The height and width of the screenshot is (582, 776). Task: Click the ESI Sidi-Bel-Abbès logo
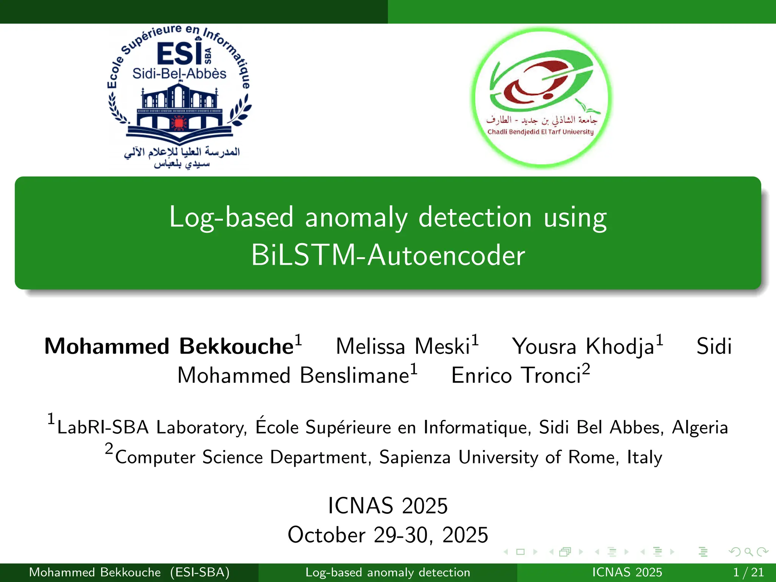pos(179,97)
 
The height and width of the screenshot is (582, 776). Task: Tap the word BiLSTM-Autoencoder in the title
pos(388,255)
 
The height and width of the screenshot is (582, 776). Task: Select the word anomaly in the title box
pos(356,217)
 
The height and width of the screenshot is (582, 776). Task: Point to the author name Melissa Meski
pos(403,346)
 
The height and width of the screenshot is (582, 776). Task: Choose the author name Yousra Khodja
pos(583,346)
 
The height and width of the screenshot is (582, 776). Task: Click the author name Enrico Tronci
pos(516,375)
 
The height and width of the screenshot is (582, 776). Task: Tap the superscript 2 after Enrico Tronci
pos(586,368)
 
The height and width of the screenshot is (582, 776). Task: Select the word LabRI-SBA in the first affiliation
pos(103,427)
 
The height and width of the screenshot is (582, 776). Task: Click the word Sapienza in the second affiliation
pos(415,457)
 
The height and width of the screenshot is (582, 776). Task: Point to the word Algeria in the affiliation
pos(699,427)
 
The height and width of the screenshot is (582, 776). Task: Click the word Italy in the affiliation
pos(645,457)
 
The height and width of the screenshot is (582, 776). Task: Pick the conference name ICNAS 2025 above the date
pos(388,505)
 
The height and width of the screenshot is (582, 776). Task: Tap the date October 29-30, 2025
pos(388,535)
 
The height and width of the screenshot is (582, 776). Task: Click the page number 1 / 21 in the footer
pos(748,572)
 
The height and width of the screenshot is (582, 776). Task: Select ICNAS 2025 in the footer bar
pos(627,572)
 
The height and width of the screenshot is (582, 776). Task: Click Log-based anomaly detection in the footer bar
pos(388,572)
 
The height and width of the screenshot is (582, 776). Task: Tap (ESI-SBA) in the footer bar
pos(200,572)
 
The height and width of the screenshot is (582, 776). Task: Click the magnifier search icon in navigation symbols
pos(748,552)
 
